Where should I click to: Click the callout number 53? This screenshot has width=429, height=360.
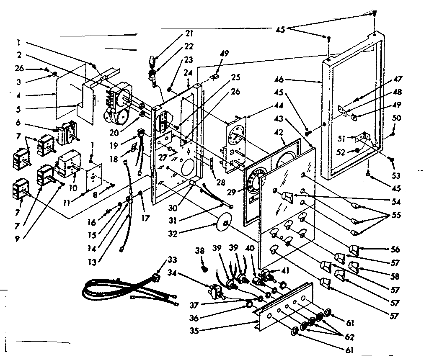pyautogui.click(x=396, y=175)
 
